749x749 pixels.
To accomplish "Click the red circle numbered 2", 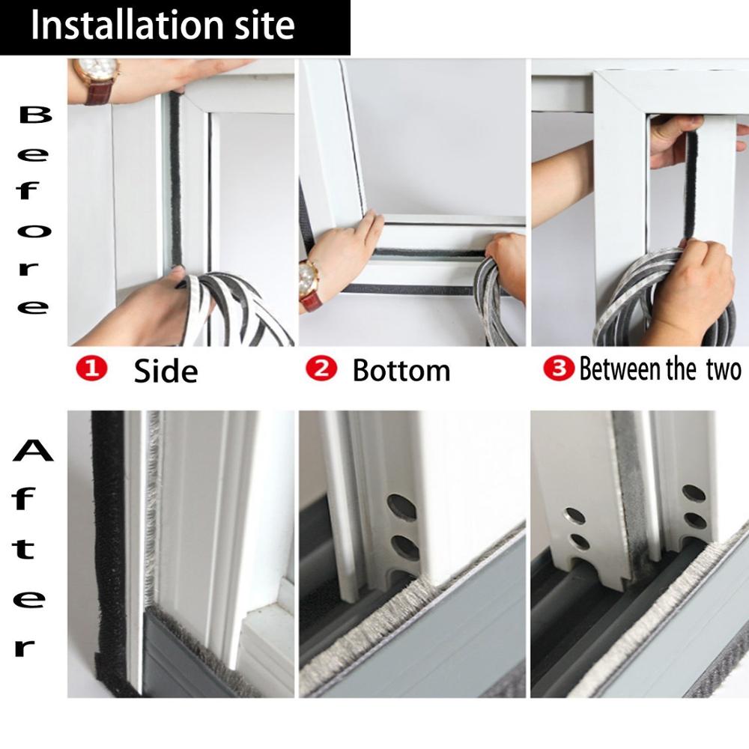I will [319, 369].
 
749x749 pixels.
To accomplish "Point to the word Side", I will [166, 371].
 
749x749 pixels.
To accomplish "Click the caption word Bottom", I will [401, 370].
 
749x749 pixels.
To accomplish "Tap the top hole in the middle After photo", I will [401, 506].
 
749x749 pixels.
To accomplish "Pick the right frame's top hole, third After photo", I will [694, 493].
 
